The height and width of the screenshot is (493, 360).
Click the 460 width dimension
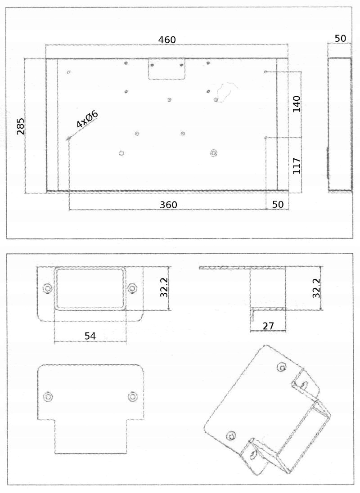coord(167,40)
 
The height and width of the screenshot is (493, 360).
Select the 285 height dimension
coord(21,126)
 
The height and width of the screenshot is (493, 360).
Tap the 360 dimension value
coord(169,205)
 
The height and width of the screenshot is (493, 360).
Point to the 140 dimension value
coord(296,104)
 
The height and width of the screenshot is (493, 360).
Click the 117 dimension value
coord(296,166)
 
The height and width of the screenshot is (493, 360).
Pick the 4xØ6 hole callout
coord(87,119)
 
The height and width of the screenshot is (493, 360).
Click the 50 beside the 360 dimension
coord(278,204)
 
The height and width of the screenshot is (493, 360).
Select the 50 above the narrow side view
coord(341,38)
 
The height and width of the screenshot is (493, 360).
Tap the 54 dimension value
coord(90,336)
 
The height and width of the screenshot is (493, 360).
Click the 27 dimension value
coord(268,326)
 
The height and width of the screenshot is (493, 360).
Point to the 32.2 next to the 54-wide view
coord(164,287)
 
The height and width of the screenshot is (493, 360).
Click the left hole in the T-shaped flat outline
coord(48,396)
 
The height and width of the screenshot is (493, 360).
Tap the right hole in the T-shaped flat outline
coord(132,397)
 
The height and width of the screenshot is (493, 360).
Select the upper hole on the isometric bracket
coord(282,367)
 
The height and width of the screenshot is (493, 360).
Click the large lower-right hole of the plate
coord(213,153)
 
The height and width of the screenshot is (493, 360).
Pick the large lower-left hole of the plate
coord(121,153)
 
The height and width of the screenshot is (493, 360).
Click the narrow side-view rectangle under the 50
coord(340,124)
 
